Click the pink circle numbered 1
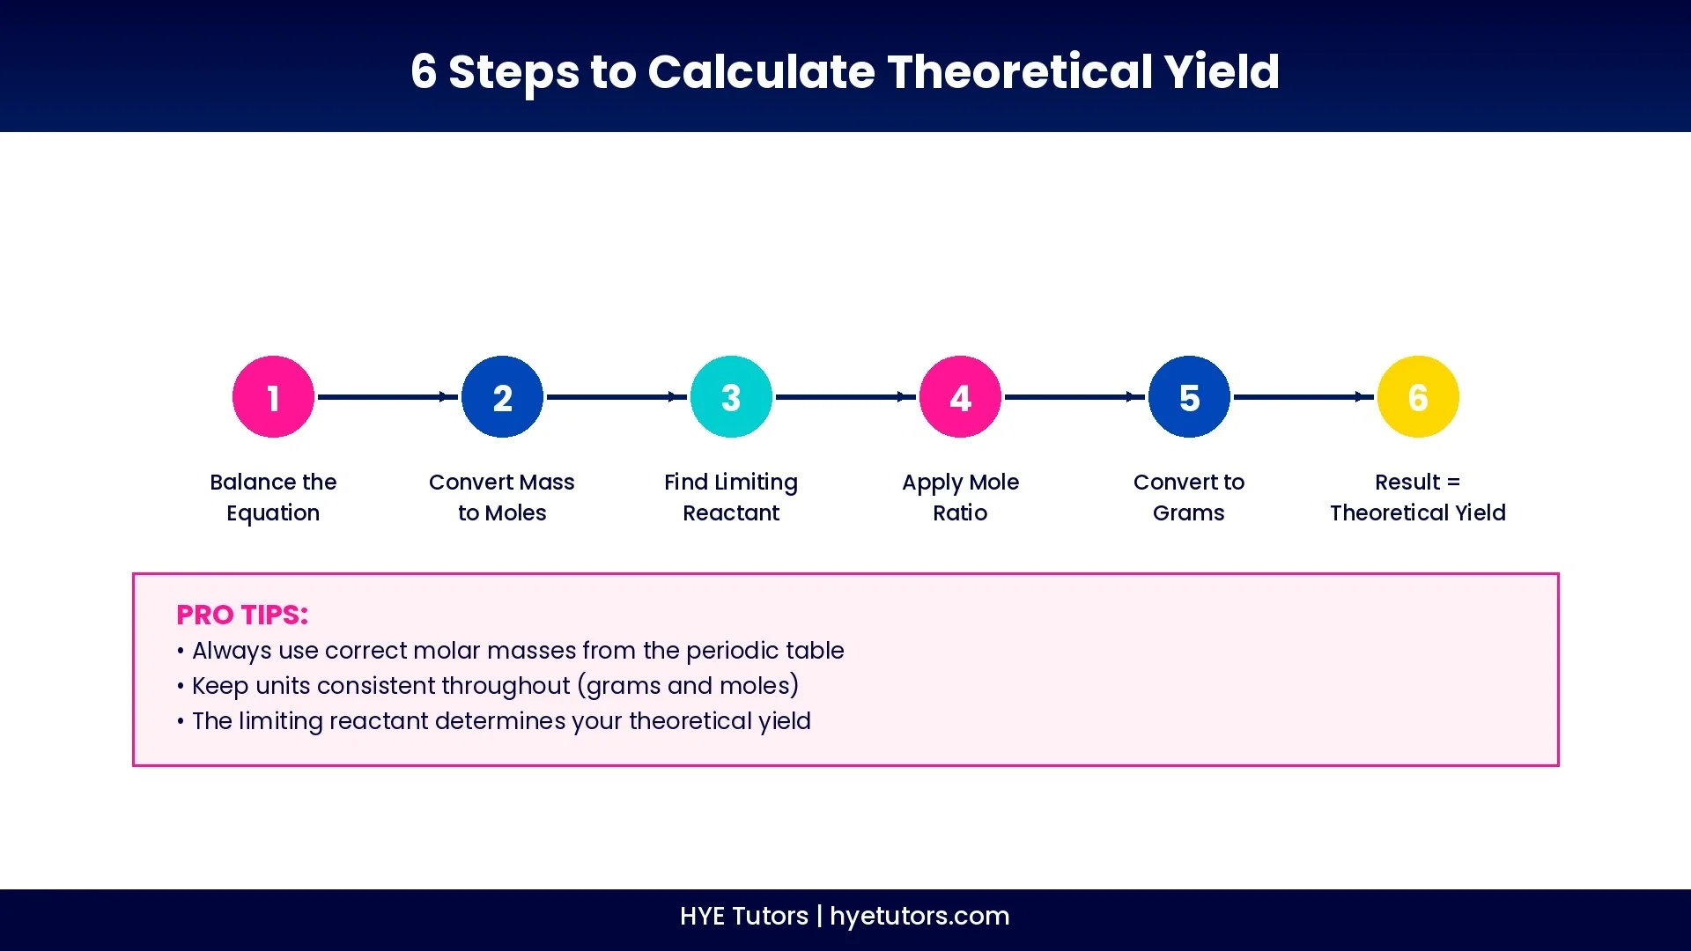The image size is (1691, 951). click(273, 397)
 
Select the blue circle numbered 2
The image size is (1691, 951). click(502, 397)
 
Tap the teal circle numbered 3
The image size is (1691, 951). click(731, 397)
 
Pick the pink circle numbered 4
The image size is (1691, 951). click(960, 397)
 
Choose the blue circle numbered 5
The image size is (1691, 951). click(1189, 397)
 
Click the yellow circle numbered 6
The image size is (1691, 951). click(1418, 397)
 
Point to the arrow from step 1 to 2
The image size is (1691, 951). click(388, 397)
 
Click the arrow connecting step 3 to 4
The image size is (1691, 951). click(845, 397)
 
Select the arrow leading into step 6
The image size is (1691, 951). click(1303, 397)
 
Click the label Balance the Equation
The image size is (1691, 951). click(273, 498)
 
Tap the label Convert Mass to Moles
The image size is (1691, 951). click(502, 498)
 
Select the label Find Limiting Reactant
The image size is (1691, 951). click(731, 498)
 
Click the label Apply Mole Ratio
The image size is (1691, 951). click(960, 498)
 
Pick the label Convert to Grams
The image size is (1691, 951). click(1189, 498)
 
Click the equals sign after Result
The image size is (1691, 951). click(1453, 483)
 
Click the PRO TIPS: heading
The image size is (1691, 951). click(242, 615)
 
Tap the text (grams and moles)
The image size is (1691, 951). click(688, 686)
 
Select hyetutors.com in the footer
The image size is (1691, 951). click(919, 916)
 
